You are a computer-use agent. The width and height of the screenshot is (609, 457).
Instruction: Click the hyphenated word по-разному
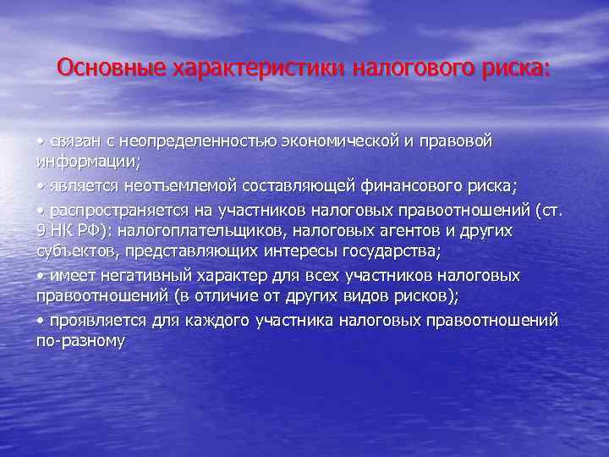pos(80,342)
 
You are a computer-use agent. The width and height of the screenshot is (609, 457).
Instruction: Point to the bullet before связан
pos(40,140)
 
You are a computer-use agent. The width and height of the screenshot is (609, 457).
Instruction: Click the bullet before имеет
pos(40,276)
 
